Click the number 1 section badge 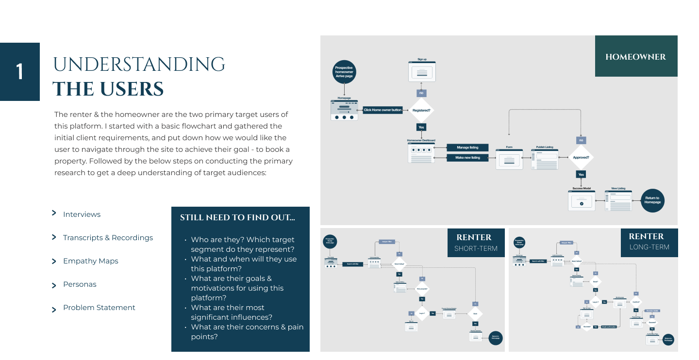(x=20, y=72)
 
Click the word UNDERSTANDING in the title (x=139, y=65)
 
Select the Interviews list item (x=82, y=214)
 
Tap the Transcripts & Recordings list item (x=108, y=238)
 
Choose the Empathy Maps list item (x=90, y=261)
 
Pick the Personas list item (x=80, y=284)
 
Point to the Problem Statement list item (x=99, y=308)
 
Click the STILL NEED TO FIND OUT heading (x=237, y=218)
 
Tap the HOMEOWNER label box (x=635, y=57)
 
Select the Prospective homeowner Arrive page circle (x=344, y=72)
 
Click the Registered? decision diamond (x=421, y=110)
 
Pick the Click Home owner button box (x=383, y=110)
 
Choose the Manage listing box (x=467, y=147)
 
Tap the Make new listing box (x=467, y=158)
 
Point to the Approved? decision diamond (x=581, y=157)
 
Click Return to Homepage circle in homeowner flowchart (x=652, y=200)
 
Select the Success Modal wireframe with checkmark (x=582, y=200)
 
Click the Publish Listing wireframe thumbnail (x=544, y=159)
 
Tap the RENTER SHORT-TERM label (x=475, y=243)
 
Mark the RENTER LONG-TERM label (x=649, y=242)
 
